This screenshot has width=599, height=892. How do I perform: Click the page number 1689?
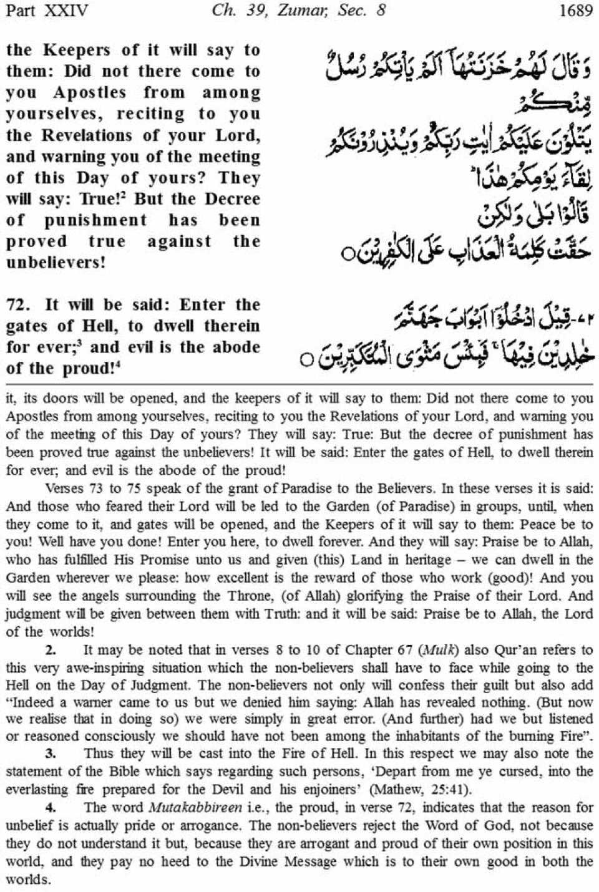click(575, 11)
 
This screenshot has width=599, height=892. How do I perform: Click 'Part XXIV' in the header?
click(47, 11)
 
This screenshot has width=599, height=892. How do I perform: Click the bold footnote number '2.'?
click(51, 649)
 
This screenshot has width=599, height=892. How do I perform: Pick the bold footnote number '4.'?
click(51, 807)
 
